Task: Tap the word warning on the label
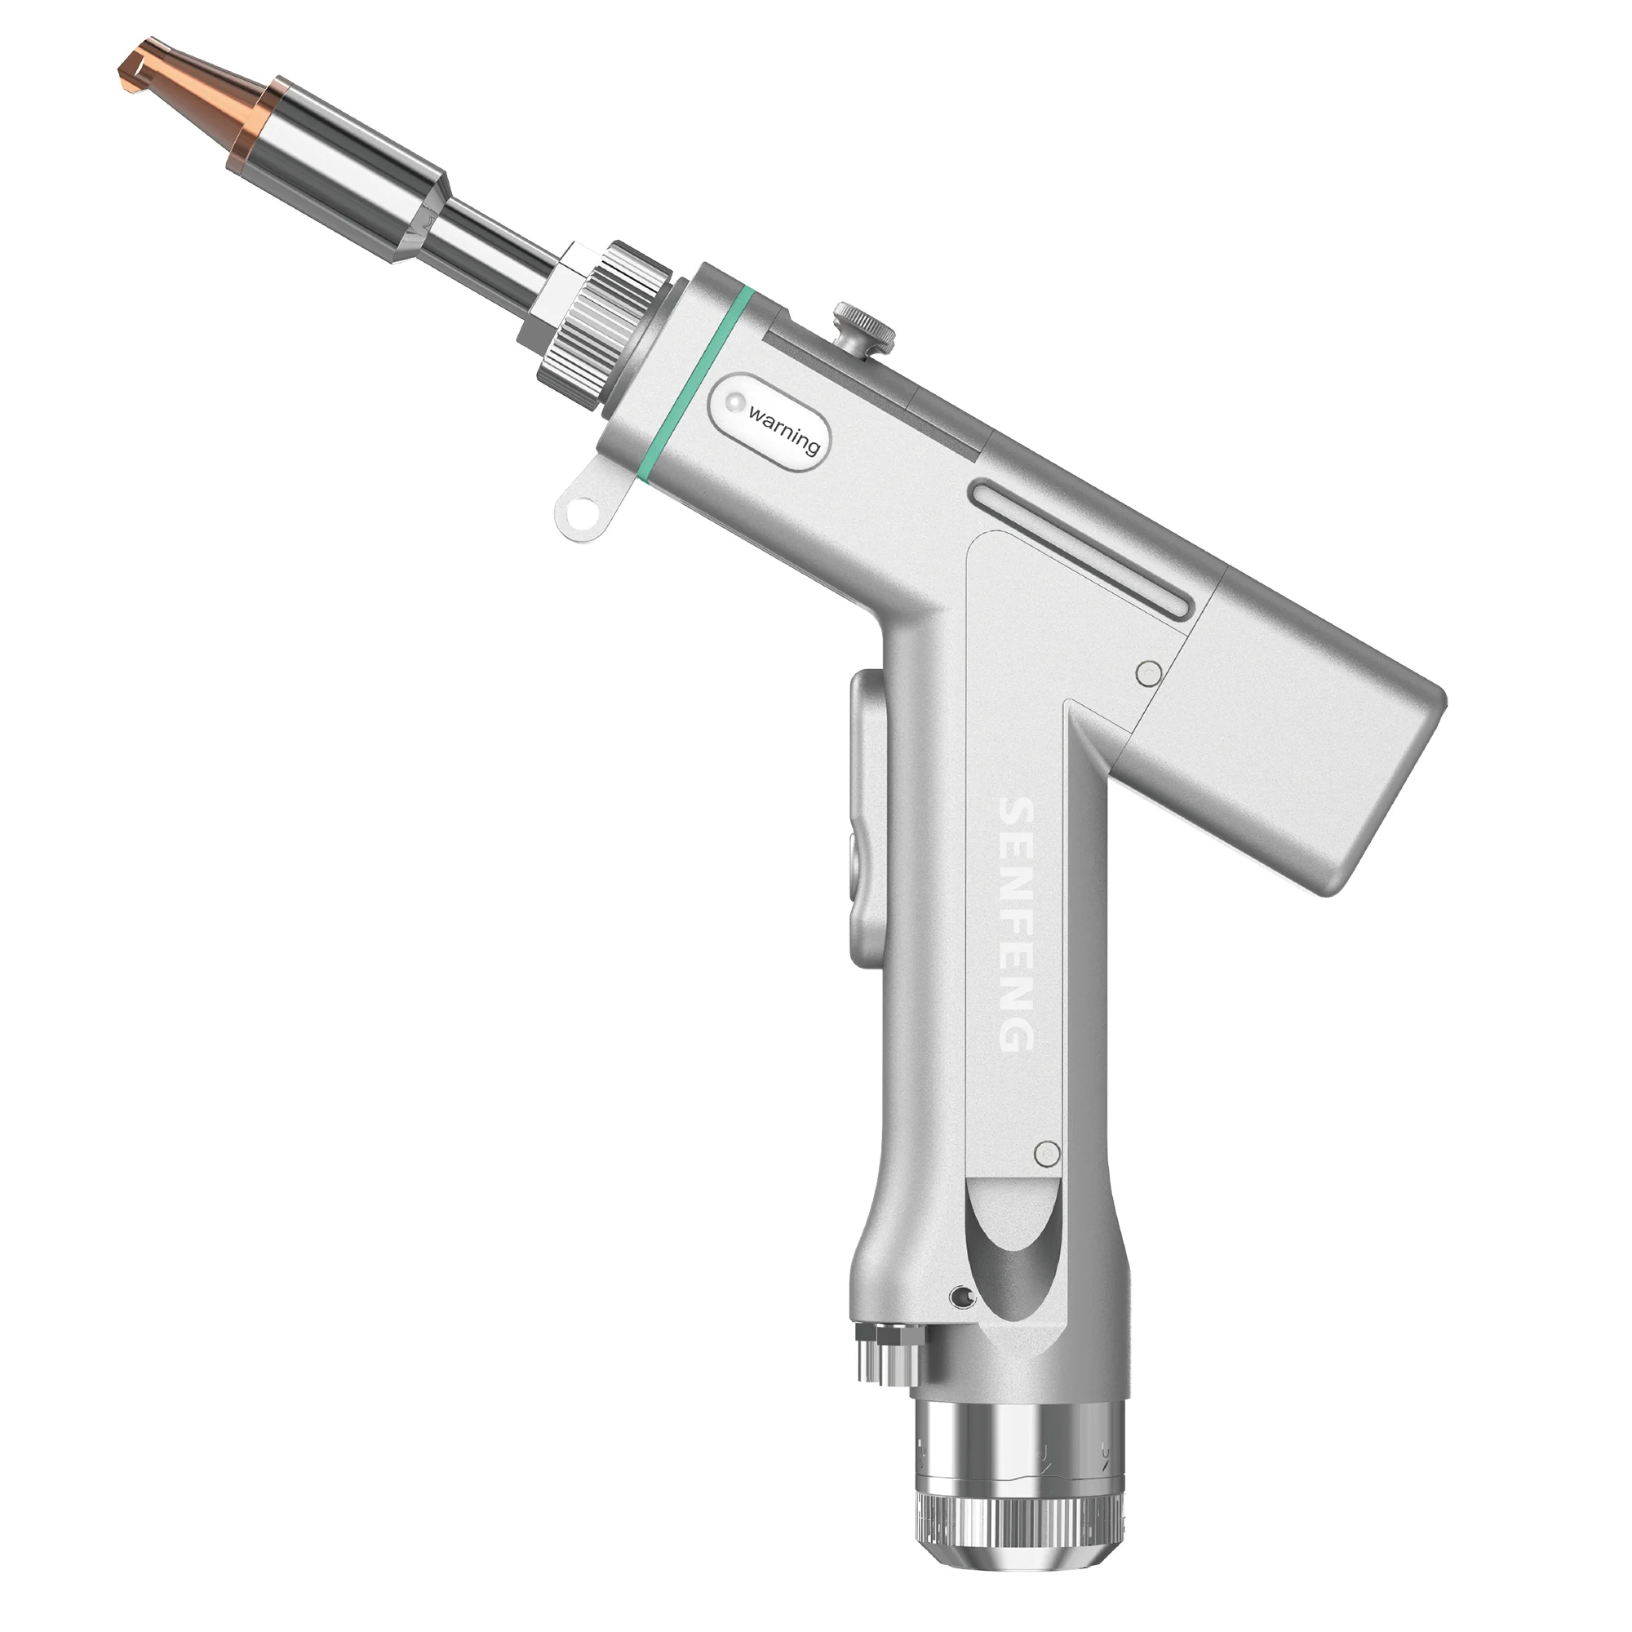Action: (784, 431)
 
